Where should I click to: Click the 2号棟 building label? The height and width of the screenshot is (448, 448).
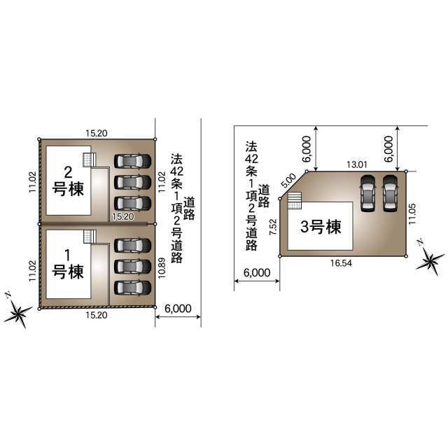coord(68,181)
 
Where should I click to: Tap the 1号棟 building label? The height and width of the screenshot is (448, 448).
coord(68,264)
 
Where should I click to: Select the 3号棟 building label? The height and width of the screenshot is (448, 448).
coord(321,227)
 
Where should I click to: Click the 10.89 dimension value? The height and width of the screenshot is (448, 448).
coord(162,268)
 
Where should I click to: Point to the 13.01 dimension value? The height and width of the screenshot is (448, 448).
coord(357,164)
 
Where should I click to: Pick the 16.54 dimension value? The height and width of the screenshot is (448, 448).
coord(341,263)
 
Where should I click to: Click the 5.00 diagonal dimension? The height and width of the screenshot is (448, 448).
coord(289,181)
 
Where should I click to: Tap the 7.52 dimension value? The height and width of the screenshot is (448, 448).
coord(273,227)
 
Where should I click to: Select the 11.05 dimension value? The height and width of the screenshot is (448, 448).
coord(412,213)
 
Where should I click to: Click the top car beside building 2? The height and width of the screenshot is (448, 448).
coord(132,161)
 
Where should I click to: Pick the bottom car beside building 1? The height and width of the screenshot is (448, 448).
coord(132,288)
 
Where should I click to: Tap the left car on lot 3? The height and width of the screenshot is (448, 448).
coord(367,193)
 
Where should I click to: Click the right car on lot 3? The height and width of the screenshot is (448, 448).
coord(391,193)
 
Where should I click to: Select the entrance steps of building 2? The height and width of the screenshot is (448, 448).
coord(90,160)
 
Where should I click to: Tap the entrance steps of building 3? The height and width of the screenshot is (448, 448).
coord(295,201)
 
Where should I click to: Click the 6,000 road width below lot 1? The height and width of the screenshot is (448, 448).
coord(178,309)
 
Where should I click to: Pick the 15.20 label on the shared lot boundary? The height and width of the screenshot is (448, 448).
coord(123,216)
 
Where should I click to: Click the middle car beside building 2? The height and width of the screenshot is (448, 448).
coord(132,182)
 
